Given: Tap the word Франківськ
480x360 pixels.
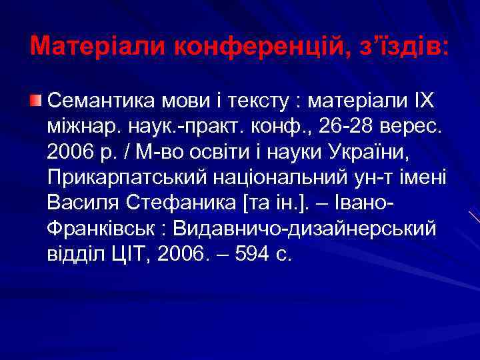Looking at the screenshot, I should [x=101, y=229].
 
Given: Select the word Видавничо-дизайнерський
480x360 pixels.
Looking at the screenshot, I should [x=303, y=229].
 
